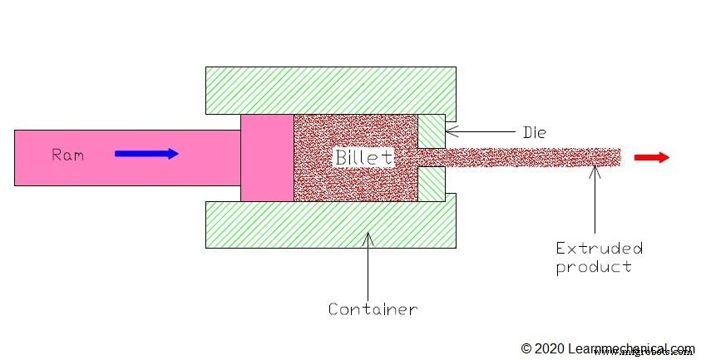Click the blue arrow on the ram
point(146,154)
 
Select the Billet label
point(363,156)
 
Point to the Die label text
point(533,131)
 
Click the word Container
point(372,309)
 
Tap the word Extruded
point(599,248)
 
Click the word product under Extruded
point(593,266)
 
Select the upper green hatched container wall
point(331,90)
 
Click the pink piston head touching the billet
point(267,157)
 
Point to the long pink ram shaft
point(125,157)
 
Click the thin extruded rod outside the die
point(532,157)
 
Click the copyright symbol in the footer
point(526,348)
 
